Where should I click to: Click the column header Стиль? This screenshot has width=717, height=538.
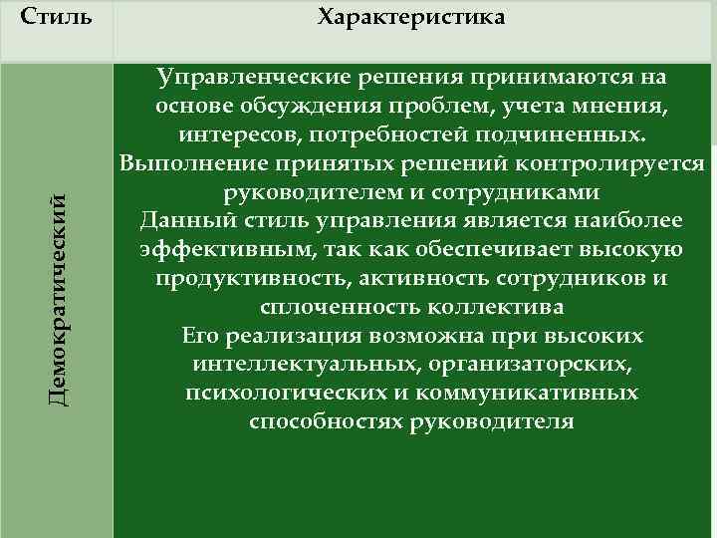[x=56, y=18]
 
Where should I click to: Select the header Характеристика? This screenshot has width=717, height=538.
[x=410, y=18]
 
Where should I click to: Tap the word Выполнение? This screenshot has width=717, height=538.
[x=185, y=163]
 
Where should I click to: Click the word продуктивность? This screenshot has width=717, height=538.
[x=235, y=278]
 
